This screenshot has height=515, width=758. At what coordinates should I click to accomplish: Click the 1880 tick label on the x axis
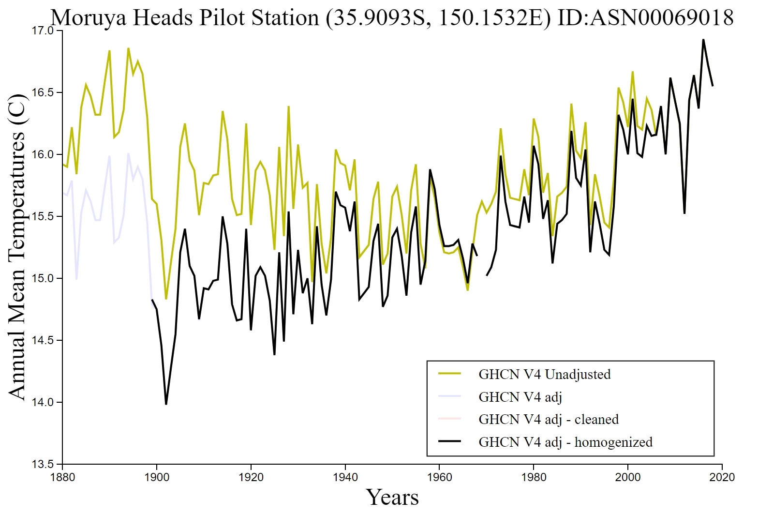pos(62,477)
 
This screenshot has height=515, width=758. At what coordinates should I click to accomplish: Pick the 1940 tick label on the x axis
pos(345,477)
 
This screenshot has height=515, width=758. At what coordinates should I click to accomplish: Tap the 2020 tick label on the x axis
pos(722,477)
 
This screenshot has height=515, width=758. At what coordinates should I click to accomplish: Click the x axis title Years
pos(392,497)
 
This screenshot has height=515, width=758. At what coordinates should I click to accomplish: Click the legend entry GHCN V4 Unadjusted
pos(544,374)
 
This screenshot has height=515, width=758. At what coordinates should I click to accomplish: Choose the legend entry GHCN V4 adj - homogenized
pos(565,442)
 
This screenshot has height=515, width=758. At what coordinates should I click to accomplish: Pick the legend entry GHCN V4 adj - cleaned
pos(548,419)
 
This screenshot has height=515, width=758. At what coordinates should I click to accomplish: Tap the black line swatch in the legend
pos(449,442)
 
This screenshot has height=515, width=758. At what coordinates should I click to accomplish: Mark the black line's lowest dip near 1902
pos(166,404)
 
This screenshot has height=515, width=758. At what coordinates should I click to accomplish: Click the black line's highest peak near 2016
pos(703,40)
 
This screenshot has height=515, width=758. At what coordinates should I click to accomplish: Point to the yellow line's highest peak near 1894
pos(128,48)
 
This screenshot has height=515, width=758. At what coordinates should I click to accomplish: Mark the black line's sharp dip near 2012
pos(684,213)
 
